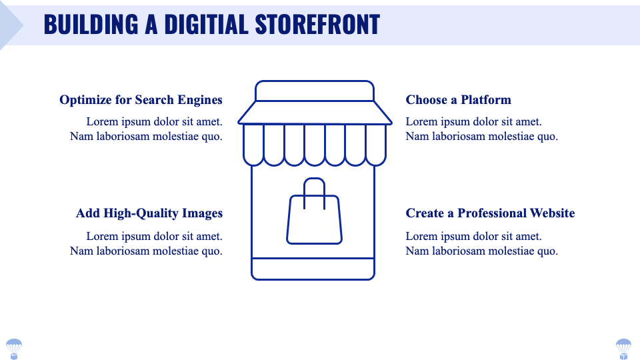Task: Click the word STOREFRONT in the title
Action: tap(317, 25)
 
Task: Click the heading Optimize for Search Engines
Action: tap(141, 100)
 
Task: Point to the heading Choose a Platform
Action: tap(458, 100)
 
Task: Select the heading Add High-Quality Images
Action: tap(149, 213)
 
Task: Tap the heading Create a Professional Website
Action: tap(490, 213)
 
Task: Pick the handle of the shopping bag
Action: tap(314, 186)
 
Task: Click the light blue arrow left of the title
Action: tap(10, 25)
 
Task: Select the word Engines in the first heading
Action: tap(200, 100)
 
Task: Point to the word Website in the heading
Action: tap(552, 213)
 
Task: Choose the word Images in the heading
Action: tap(202, 213)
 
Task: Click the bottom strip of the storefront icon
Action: tap(313, 268)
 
